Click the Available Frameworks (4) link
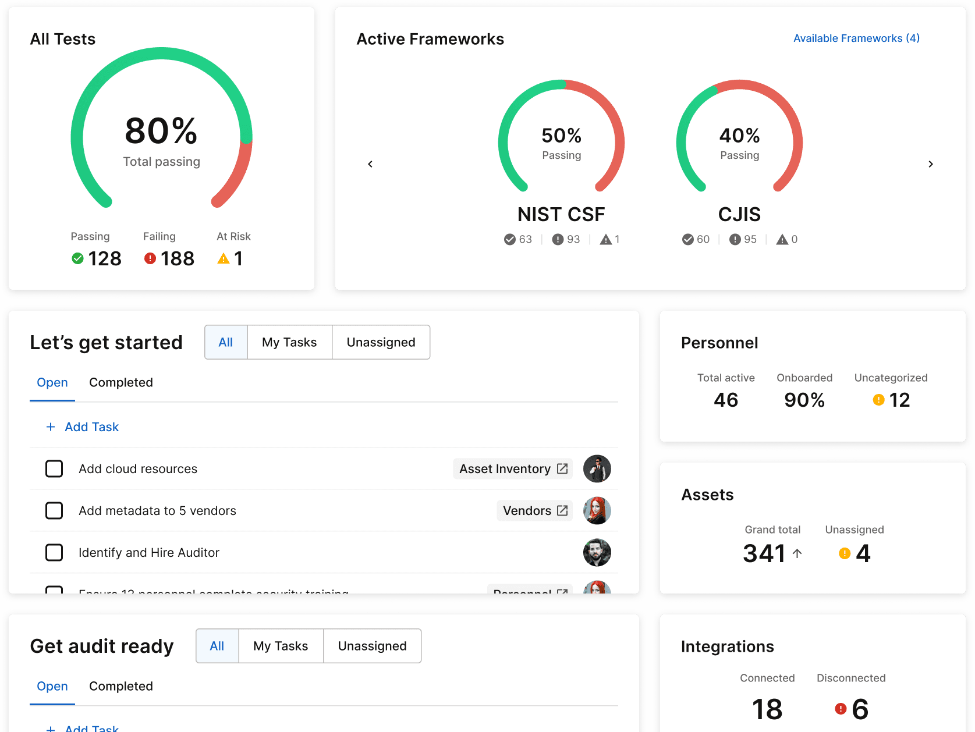tap(856, 38)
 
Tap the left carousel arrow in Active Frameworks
tap(370, 164)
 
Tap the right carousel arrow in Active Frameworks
tap(930, 164)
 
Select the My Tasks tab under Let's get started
tap(289, 342)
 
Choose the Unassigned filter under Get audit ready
tap(372, 646)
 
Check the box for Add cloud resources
tap(54, 468)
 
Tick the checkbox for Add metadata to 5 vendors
tap(54, 510)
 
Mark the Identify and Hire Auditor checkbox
tap(54, 552)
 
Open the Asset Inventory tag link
tap(513, 468)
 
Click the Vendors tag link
tap(534, 510)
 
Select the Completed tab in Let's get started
tap(120, 382)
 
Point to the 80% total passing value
tap(161, 131)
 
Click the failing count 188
tap(177, 258)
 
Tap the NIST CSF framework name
tap(561, 214)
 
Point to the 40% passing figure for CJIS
tap(739, 136)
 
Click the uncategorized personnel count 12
tap(899, 400)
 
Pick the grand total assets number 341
tap(764, 553)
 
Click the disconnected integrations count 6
tap(860, 709)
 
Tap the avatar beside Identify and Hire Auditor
tap(597, 552)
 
